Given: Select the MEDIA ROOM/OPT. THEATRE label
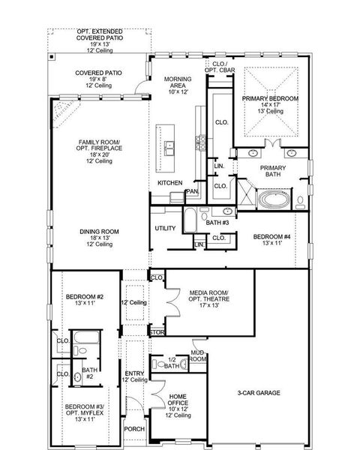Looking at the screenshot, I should [x=208, y=298].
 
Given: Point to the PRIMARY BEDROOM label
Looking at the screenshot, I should [x=270, y=103].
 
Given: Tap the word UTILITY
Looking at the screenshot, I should [x=165, y=228].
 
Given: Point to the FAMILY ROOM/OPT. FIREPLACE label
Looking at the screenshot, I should [x=100, y=150].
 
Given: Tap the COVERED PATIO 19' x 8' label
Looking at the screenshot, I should [x=98, y=78].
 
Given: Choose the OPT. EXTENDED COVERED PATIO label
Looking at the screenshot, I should [x=98, y=39].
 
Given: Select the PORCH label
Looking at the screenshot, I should [x=135, y=430].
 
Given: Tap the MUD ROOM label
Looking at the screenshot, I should [x=198, y=355].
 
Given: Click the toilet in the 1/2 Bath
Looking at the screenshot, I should [x=160, y=364].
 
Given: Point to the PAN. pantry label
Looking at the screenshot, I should [x=192, y=191].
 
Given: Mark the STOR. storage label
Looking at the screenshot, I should [x=157, y=331].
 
